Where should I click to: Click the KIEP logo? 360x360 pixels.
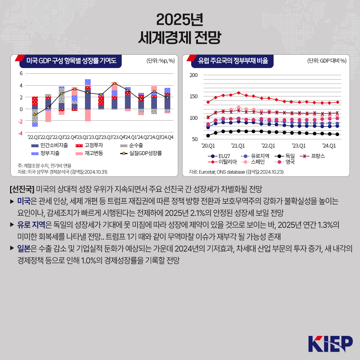click(330, 344)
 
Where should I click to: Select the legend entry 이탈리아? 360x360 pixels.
click(224, 162)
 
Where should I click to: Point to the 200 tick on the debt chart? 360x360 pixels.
click(194, 75)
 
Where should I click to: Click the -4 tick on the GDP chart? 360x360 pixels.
click(21, 133)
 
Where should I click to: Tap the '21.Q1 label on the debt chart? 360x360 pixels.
click(238, 145)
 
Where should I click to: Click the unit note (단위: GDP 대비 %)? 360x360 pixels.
click(327, 61)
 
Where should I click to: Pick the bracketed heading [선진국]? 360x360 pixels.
click(22, 189)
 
